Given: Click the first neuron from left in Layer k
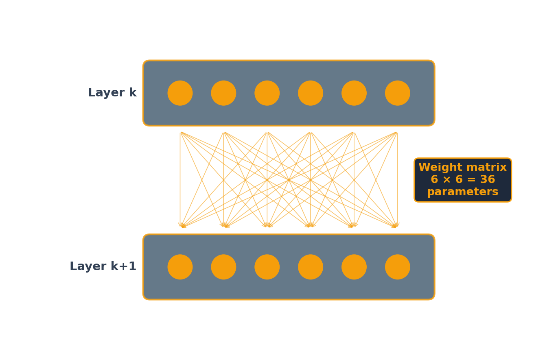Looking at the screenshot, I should pos(180,93).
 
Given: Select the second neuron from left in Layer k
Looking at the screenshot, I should pos(223,93).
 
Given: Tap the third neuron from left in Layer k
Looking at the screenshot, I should pos(267,93).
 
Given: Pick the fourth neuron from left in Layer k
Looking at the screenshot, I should pos(311,93).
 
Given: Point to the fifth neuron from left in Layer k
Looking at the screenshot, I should pos(354,93).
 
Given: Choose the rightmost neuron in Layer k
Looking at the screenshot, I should pos(398,93).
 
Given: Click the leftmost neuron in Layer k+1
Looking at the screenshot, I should pos(180,267).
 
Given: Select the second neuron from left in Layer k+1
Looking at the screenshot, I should pos(223,267).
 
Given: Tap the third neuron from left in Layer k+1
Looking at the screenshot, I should pos(267,267).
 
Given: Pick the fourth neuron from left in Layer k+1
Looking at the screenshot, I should pos(311,267).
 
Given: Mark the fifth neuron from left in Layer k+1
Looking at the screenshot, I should pos(354,267).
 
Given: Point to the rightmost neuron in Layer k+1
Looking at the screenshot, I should pos(398,267).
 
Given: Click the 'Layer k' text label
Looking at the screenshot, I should pos(112,93).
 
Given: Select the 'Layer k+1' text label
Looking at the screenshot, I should pos(103,267).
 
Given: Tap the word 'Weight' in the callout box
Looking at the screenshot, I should pos(438,168).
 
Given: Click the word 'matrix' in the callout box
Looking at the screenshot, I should pos(487,168).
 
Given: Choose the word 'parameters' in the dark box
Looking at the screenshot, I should pos(462,192).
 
